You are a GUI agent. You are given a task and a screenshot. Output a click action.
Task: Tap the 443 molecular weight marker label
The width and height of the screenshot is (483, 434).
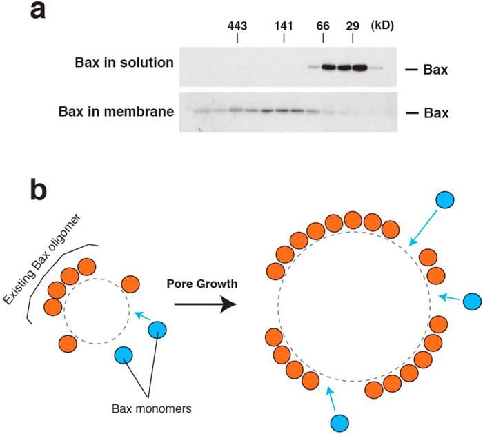tap(238, 25)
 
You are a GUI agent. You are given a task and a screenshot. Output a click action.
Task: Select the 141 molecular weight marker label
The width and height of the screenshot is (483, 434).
tap(284, 25)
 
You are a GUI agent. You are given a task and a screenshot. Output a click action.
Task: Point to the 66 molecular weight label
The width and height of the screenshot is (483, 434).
tap(323, 25)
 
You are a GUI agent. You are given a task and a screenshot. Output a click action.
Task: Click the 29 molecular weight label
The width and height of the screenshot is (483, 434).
tap(353, 25)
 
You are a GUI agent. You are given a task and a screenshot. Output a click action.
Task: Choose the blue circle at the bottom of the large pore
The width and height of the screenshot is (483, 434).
tap(340, 422)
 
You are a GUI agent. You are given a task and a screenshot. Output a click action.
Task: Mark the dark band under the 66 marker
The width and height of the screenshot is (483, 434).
tap(328, 68)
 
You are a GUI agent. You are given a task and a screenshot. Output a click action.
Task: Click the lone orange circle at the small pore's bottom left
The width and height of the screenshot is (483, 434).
tap(68, 342)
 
